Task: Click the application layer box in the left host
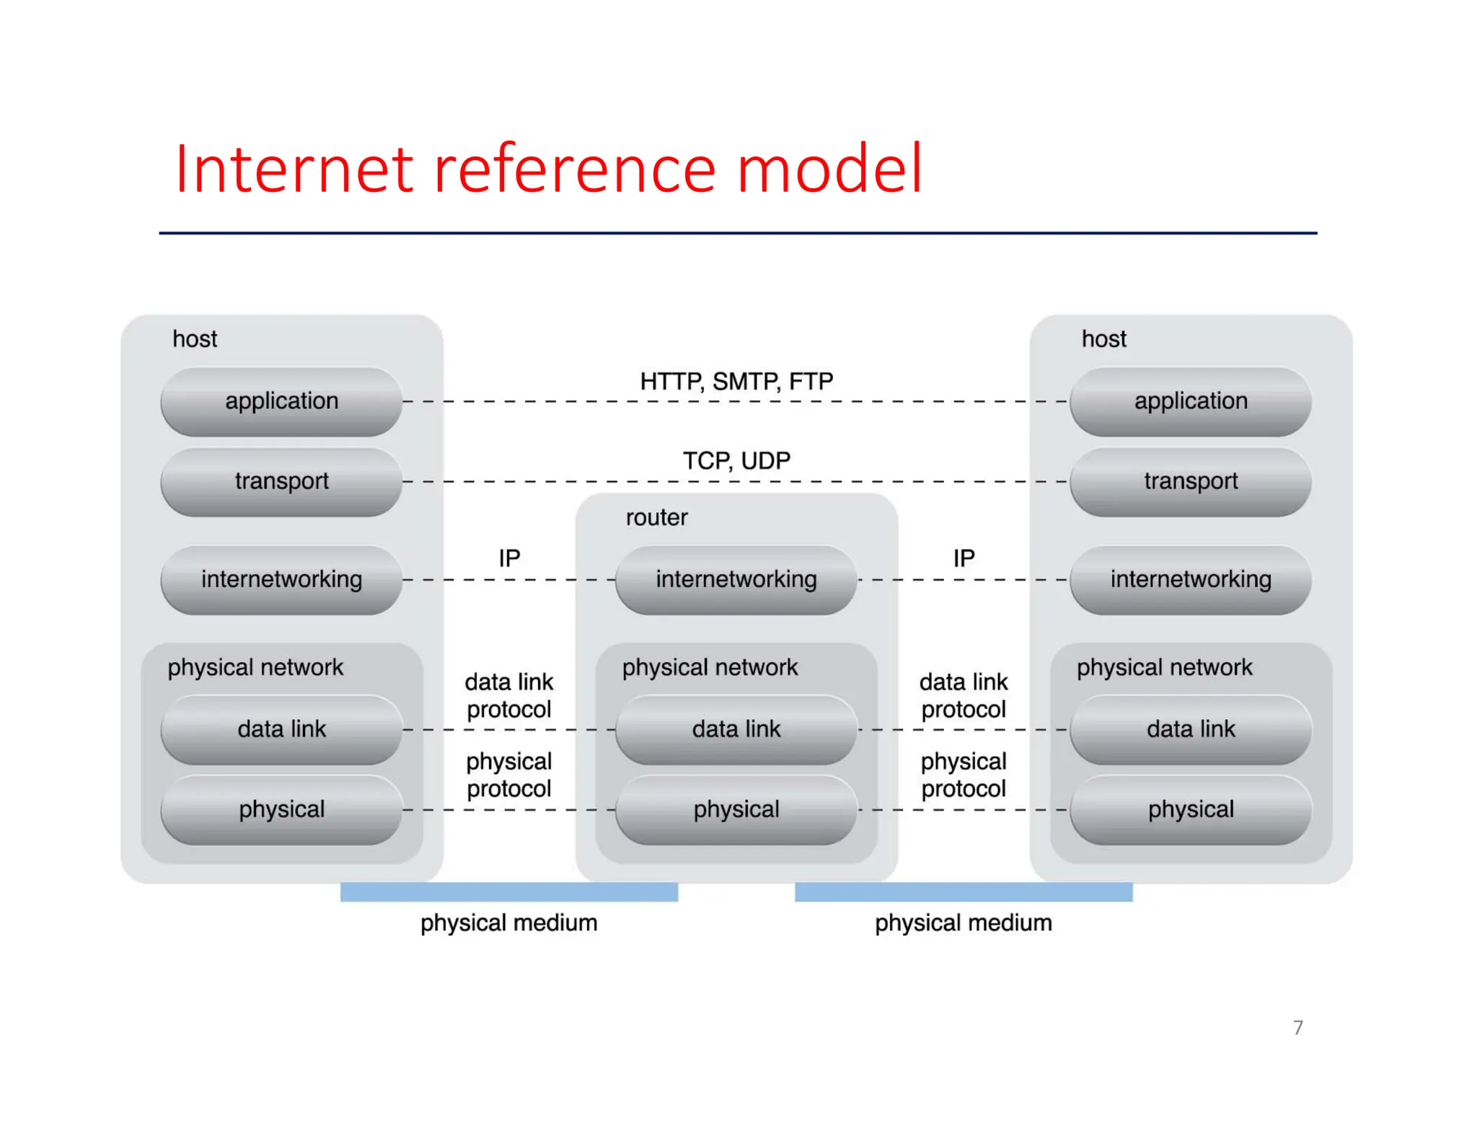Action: pyautogui.click(x=281, y=401)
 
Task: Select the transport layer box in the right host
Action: pyautogui.click(x=1190, y=481)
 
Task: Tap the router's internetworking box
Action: pyautogui.click(x=736, y=579)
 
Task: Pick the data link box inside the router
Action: pyautogui.click(x=736, y=729)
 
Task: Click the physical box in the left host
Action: pyautogui.click(x=281, y=809)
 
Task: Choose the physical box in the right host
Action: pyautogui.click(x=1190, y=809)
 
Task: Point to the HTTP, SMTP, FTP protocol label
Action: pyautogui.click(x=736, y=381)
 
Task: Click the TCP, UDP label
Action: pyautogui.click(x=736, y=460)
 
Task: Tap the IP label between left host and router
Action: pyautogui.click(x=509, y=558)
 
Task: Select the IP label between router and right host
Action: pyautogui.click(x=964, y=558)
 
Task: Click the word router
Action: pyautogui.click(x=656, y=517)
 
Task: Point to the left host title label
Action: pyautogui.click(x=195, y=339)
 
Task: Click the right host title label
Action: pyautogui.click(x=1103, y=339)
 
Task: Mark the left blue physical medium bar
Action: pyautogui.click(x=509, y=892)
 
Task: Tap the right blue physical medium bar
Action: pyautogui.click(x=964, y=892)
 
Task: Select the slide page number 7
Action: pyautogui.click(x=1297, y=1027)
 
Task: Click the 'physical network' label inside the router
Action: pyautogui.click(x=710, y=667)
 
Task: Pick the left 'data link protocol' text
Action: pyautogui.click(x=509, y=695)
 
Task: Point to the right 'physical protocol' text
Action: pyautogui.click(x=964, y=775)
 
